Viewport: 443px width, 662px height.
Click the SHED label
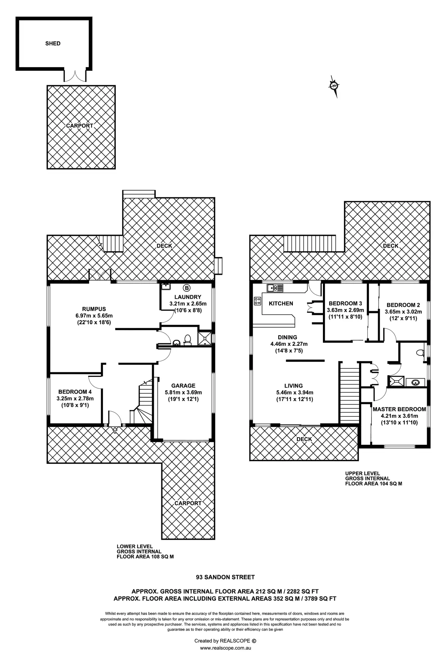(x=53, y=43)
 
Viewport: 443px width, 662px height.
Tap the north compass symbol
(x=334, y=86)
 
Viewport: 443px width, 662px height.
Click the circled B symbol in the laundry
(x=187, y=288)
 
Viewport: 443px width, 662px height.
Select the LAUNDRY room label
(x=187, y=297)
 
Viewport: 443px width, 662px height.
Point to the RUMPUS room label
(x=94, y=309)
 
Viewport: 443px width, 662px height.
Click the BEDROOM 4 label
(x=75, y=392)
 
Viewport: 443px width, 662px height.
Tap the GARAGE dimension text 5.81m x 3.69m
(x=183, y=392)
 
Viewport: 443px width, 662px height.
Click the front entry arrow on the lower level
(x=115, y=430)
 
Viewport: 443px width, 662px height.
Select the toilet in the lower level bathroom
(x=187, y=340)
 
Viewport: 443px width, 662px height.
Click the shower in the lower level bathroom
(x=205, y=338)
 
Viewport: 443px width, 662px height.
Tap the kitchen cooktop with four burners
(x=258, y=301)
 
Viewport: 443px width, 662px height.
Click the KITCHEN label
(x=281, y=303)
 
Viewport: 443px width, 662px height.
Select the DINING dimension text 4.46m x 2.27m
(x=289, y=344)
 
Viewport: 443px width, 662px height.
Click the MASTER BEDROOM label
(x=399, y=409)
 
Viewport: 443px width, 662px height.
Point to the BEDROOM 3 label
(x=345, y=303)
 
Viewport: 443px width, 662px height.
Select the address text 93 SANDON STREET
(x=225, y=577)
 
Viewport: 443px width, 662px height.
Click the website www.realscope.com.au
(x=225, y=648)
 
